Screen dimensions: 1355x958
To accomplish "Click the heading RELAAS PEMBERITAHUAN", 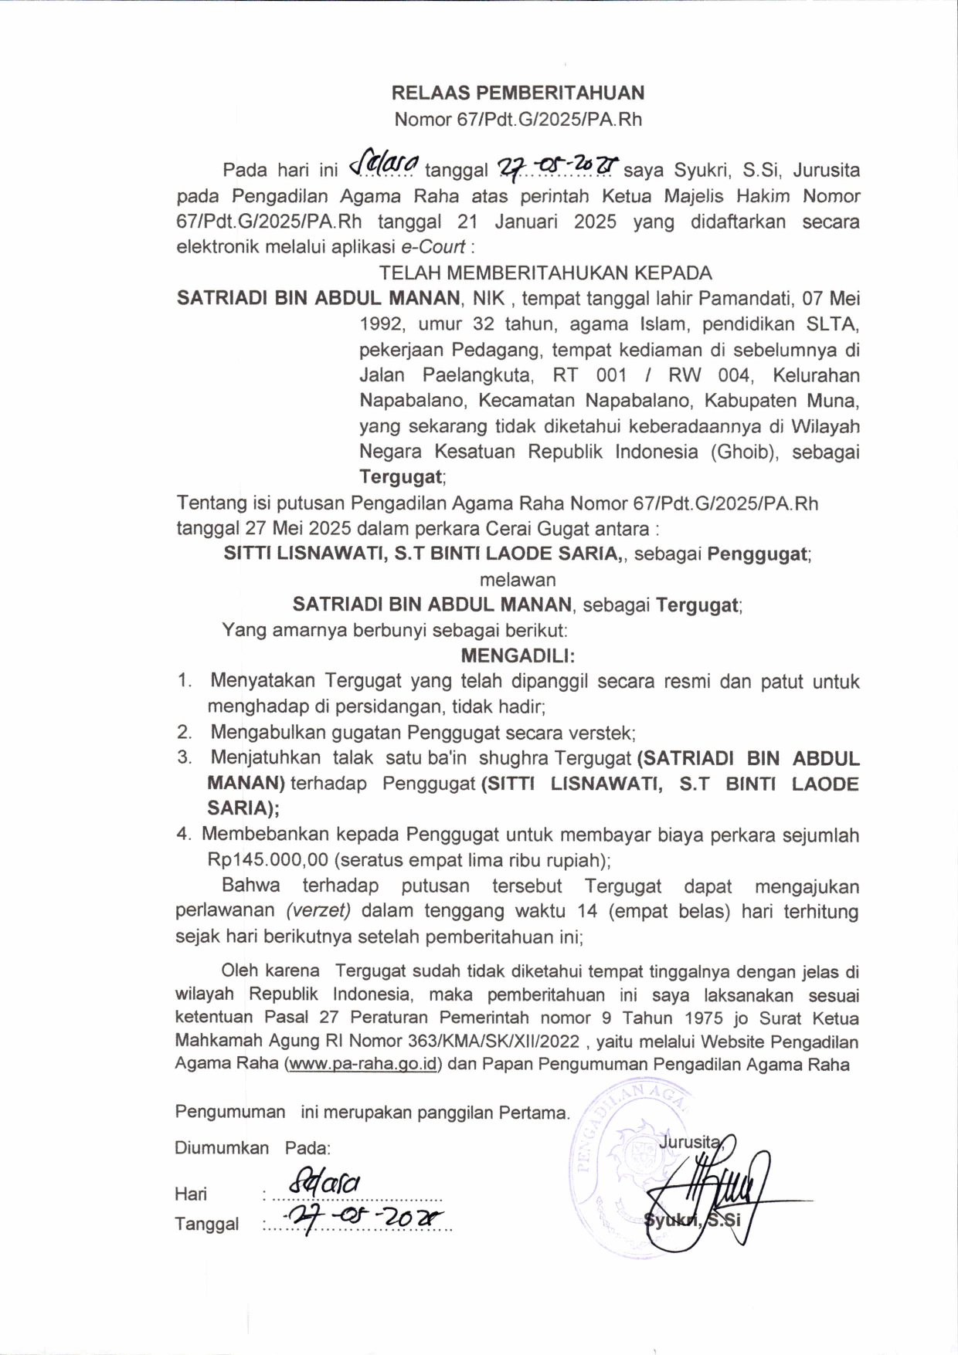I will pyautogui.click(x=518, y=93).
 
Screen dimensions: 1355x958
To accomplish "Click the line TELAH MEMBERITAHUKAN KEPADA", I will pyautogui.click(x=545, y=273).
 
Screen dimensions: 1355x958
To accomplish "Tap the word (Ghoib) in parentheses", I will pyautogui.click(x=744, y=452).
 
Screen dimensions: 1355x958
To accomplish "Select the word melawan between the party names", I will pyautogui.click(x=518, y=579).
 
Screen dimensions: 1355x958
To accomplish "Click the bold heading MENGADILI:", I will pyautogui.click(x=518, y=655).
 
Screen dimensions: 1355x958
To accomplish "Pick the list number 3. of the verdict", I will pyautogui.click(x=185, y=757).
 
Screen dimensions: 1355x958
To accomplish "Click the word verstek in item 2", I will pyautogui.click(x=603, y=732).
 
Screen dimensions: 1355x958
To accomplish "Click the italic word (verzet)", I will pyautogui.click(x=318, y=910).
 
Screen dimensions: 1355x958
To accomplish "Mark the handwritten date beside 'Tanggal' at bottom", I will pyautogui.click(x=363, y=1219).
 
